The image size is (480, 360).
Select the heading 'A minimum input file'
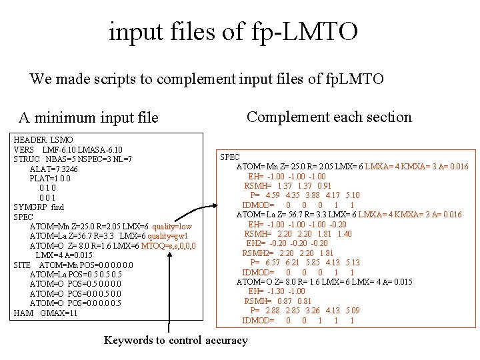coord(88,118)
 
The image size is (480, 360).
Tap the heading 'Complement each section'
coord(329,117)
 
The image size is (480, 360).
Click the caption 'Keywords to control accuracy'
coord(175,340)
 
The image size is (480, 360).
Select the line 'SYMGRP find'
coord(39,207)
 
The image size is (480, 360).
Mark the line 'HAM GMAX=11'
coord(45,313)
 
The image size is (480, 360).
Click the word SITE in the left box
coord(22,265)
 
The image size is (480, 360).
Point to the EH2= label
coord(259,243)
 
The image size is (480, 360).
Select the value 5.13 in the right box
coord(352,263)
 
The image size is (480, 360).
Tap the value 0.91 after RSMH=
coord(324,185)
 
